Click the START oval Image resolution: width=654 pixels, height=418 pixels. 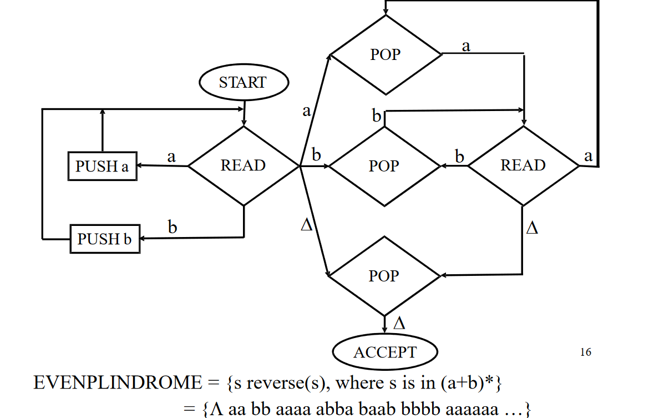pos(244,83)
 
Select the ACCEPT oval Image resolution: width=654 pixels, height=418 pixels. pos(384,352)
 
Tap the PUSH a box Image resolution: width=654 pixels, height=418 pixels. pos(102,166)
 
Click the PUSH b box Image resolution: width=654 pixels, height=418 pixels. pos(104,239)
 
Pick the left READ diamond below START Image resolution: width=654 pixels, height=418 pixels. pos(244,165)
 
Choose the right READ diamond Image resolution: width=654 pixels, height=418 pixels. pos(523,165)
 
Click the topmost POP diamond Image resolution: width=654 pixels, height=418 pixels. pos(386,54)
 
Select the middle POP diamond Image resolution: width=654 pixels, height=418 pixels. pos(384,166)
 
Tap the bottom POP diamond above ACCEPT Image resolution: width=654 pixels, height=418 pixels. pos(384,276)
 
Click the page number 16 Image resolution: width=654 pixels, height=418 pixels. pos(585,352)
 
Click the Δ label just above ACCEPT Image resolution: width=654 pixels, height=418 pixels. pos(399,324)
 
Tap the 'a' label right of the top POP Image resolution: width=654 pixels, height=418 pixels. pos(466,46)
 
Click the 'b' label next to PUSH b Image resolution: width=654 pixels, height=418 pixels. pos(173,227)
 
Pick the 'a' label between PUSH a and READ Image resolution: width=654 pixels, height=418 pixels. pos(171,157)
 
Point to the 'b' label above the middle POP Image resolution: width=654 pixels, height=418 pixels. pos(377,117)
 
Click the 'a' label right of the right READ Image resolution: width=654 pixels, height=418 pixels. pos(589,157)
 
